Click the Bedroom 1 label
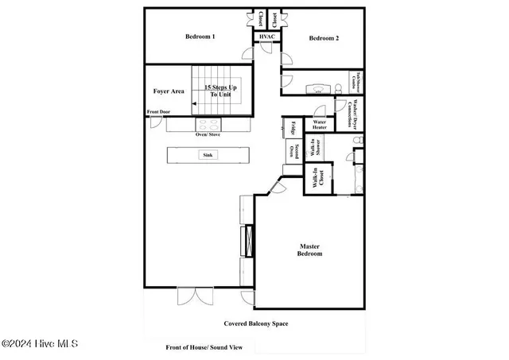click(200, 37)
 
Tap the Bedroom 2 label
click(324, 38)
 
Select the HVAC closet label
click(266, 37)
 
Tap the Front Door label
click(160, 111)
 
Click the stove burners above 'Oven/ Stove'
click(208, 125)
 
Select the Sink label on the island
click(208, 155)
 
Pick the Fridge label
click(292, 127)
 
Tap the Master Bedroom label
click(310, 250)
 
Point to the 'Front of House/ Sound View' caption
click(204, 347)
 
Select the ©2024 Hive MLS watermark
click(39, 344)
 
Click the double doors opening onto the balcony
click(194, 296)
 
